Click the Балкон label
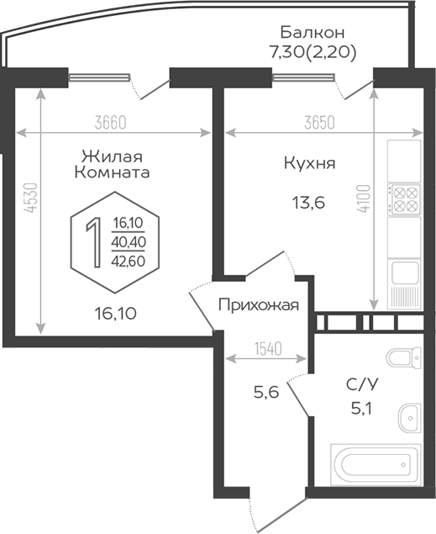(x=313, y=33)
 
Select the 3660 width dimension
(x=111, y=123)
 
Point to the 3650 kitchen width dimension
(x=319, y=123)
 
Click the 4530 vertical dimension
(x=31, y=198)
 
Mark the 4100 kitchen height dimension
(x=364, y=198)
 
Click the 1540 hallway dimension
(x=268, y=349)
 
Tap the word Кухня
(x=309, y=164)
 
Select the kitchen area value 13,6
(x=308, y=203)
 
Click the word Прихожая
(x=259, y=305)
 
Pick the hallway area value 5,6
(x=266, y=393)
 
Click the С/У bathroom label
(x=362, y=385)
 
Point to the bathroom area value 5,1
(x=361, y=408)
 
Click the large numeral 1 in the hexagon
(x=93, y=242)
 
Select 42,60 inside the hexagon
(x=129, y=262)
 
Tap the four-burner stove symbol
(x=404, y=199)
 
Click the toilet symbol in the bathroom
(x=404, y=358)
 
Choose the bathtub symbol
(x=376, y=464)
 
